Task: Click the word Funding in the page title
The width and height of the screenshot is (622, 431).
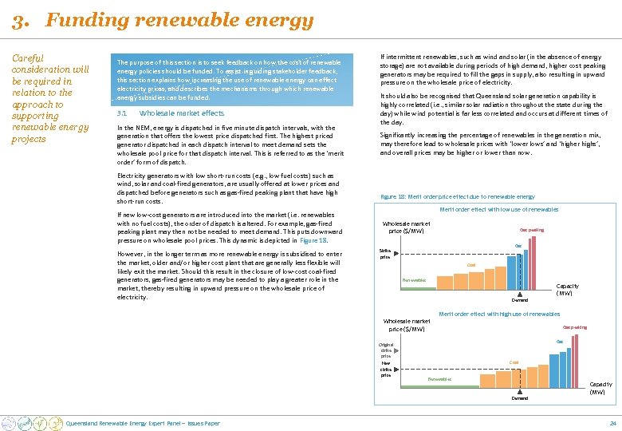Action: point(80,21)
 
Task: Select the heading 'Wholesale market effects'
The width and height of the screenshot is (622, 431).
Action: point(176,113)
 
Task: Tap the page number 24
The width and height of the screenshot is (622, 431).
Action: point(612,422)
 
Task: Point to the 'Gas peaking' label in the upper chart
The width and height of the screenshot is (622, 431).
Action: point(532,230)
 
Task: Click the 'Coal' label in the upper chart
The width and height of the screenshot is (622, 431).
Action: point(471,266)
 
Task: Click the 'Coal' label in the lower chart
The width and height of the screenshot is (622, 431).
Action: point(514,362)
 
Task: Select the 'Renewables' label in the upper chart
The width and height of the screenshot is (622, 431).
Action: point(414,280)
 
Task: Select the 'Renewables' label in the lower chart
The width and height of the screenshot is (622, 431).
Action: point(439,378)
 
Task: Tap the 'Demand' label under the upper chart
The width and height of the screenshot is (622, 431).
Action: point(519,300)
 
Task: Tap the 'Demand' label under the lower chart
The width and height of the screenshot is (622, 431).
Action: point(519,397)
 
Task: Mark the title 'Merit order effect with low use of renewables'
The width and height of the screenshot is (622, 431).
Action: point(499,209)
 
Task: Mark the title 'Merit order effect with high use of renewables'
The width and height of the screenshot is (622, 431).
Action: point(499,314)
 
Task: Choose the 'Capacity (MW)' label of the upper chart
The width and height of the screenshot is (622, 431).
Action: point(567,289)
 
